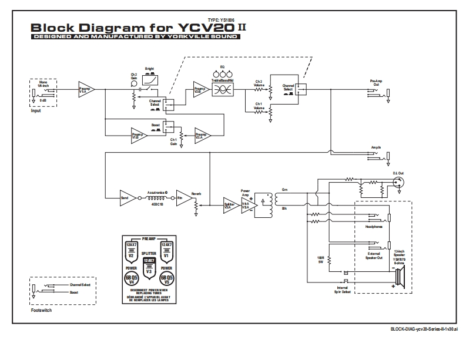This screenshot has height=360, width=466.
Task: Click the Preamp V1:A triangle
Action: point(85,89)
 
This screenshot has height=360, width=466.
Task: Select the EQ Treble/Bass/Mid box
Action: point(223,89)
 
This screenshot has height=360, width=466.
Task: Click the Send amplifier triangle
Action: point(126,197)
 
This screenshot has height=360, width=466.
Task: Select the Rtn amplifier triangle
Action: point(183,197)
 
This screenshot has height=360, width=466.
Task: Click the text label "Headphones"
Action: point(374,226)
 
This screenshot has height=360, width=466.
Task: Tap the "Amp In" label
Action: point(377,147)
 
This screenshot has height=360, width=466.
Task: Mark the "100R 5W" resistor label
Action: point(320,260)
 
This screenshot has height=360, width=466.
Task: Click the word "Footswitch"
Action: point(41,310)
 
